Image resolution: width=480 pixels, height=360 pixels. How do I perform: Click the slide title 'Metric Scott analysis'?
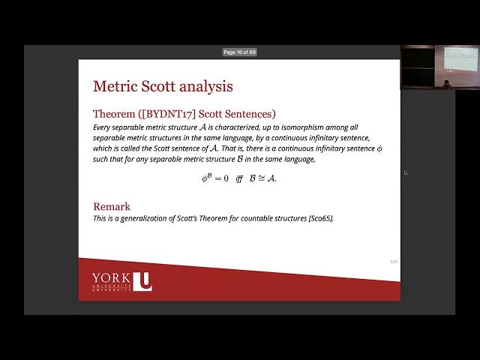click(x=163, y=86)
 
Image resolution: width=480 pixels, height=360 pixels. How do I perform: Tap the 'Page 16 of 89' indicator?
click(x=240, y=52)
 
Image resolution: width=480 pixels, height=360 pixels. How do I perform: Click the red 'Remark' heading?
click(x=112, y=206)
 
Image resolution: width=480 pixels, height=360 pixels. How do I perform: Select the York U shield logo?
click(x=145, y=281)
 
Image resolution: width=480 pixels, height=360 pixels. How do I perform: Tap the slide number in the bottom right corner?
click(x=393, y=262)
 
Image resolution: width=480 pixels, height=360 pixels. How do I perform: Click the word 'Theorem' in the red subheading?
click(x=114, y=114)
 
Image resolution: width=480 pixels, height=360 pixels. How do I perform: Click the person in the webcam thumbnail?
click(x=447, y=85)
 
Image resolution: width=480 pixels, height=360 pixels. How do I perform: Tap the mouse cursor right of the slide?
click(x=405, y=173)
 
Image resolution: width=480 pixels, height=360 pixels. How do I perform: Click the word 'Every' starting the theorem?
click(x=102, y=127)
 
